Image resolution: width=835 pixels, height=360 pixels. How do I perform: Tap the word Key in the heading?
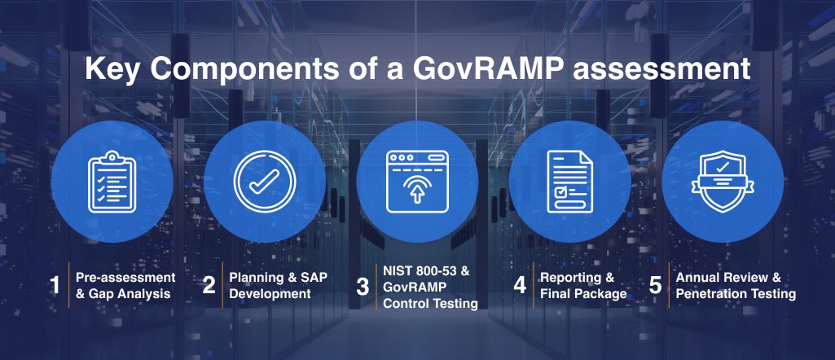(110, 70)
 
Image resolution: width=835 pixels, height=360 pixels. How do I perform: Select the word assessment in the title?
(661, 69)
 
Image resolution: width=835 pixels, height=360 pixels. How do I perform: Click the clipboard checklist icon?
(112, 182)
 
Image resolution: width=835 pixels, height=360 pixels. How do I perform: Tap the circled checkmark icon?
(265, 182)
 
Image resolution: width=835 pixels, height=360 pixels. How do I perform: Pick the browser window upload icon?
(417, 182)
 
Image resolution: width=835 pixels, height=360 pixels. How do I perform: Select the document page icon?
(569, 182)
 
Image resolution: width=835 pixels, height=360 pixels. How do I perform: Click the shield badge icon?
(723, 182)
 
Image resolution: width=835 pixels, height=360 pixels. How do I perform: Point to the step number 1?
(55, 285)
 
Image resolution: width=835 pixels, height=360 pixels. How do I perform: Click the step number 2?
(209, 285)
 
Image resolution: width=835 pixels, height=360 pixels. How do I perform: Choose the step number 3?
(363, 287)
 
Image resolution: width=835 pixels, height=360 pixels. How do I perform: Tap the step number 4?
(520, 285)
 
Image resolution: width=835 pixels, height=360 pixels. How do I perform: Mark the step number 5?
(655, 285)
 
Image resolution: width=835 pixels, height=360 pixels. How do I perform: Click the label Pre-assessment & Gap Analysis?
(125, 285)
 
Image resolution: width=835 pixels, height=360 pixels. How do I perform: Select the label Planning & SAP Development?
(278, 285)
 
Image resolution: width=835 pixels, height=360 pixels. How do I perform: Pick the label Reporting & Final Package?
(583, 285)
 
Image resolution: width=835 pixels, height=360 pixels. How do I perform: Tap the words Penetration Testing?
(736, 293)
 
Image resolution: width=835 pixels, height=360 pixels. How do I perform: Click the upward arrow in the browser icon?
(417, 195)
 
